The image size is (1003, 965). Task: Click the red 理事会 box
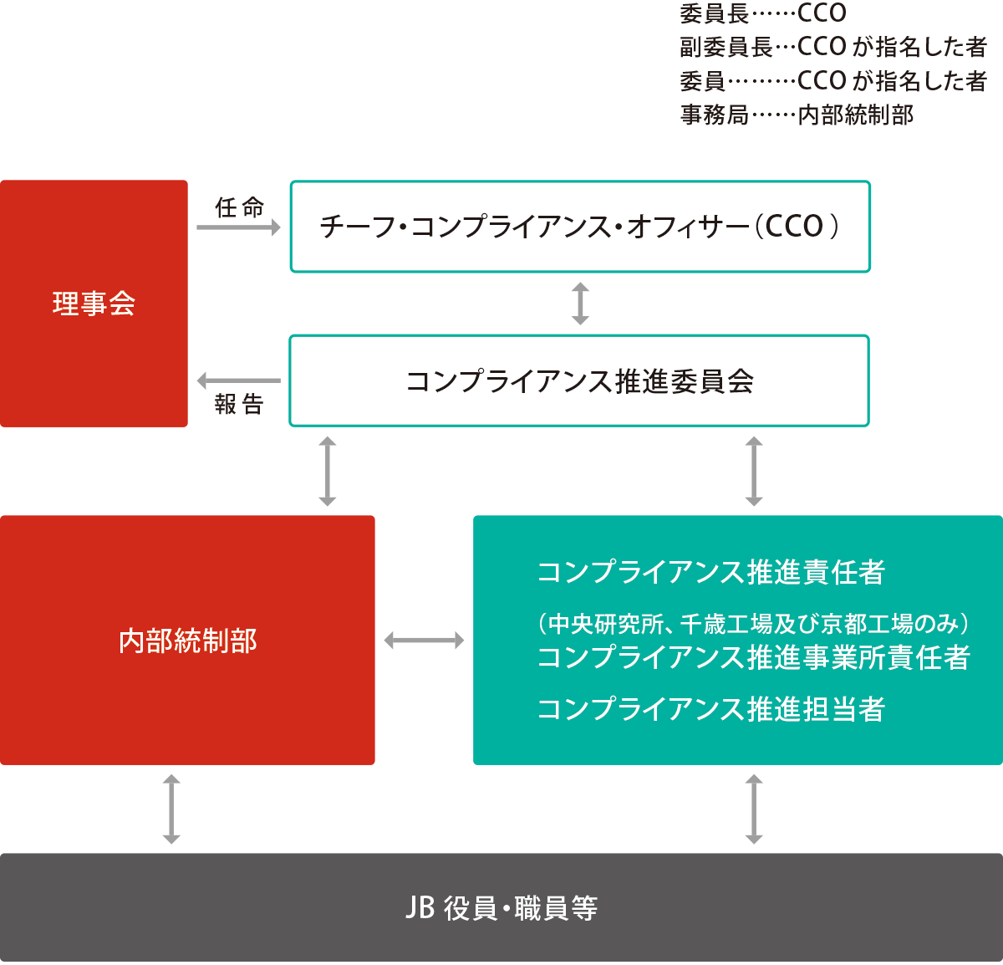point(94,304)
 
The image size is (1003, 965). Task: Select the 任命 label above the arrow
point(239,207)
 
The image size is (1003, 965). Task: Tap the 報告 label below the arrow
point(239,405)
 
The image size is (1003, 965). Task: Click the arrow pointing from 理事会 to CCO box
point(239,227)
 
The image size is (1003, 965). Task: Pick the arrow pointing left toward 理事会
point(238,381)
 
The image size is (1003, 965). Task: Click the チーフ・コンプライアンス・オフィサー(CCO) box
point(580,227)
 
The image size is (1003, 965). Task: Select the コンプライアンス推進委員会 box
point(580,381)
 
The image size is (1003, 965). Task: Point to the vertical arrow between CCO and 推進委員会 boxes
point(580,304)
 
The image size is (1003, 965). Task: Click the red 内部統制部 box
point(187,641)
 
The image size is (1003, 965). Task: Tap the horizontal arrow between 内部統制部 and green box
point(424,641)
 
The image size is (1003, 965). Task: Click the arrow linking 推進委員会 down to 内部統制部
point(328,471)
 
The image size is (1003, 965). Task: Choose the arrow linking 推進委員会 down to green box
point(754,471)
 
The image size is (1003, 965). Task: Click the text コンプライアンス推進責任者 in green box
point(710,573)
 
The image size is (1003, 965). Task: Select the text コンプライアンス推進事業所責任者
point(753,657)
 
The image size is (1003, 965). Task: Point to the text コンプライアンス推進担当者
point(710,709)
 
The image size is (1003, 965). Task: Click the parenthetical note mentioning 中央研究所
point(753,624)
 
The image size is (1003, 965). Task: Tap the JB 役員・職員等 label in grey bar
point(501,908)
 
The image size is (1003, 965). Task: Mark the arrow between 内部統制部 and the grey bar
point(171,809)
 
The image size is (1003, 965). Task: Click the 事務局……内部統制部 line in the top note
point(797,115)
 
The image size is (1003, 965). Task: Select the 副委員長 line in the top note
point(832,47)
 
